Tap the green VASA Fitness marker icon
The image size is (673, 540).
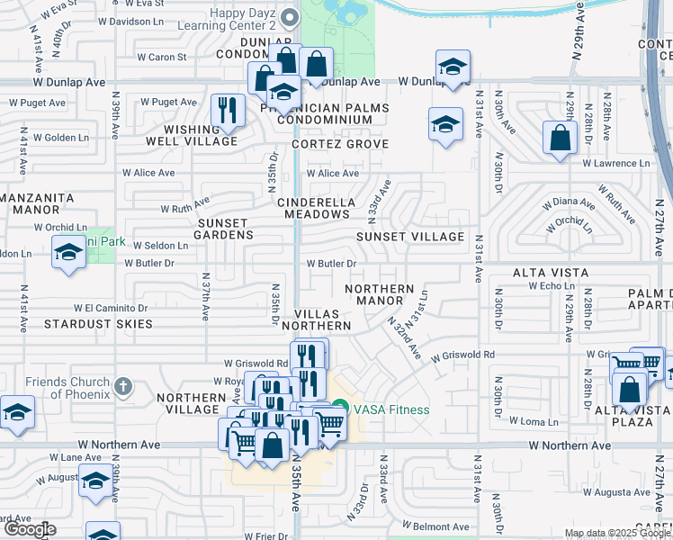click(x=340, y=409)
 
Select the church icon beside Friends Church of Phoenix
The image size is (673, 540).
click(x=123, y=387)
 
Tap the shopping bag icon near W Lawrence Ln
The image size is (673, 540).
click(x=560, y=139)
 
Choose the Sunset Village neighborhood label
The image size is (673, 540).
click(x=409, y=237)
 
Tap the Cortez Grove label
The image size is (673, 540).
click(x=339, y=144)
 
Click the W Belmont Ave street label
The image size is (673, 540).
click(x=435, y=526)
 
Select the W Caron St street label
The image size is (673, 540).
click(x=161, y=57)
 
